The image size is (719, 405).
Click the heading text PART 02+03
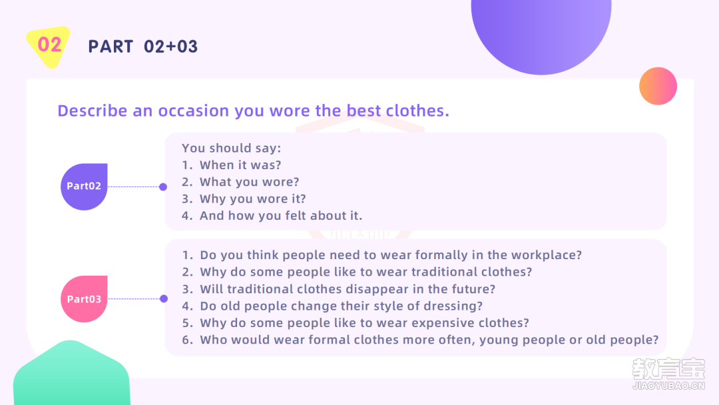pos(143,47)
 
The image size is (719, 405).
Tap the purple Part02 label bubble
pos(84,187)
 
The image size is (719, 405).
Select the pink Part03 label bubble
pos(84,299)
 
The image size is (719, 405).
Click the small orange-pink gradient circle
pos(658,86)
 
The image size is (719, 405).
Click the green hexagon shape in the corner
pos(71,374)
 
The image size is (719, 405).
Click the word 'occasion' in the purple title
pos(194,111)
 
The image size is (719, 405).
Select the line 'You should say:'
pos(231,148)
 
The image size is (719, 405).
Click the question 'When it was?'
pos(240,165)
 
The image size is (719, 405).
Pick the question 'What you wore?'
pos(250,182)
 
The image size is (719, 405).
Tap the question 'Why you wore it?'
pos(253,199)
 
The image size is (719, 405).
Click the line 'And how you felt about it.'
pos(281,216)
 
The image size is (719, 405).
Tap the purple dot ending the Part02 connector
pos(163,187)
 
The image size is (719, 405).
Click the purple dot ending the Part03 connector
pos(164,298)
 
